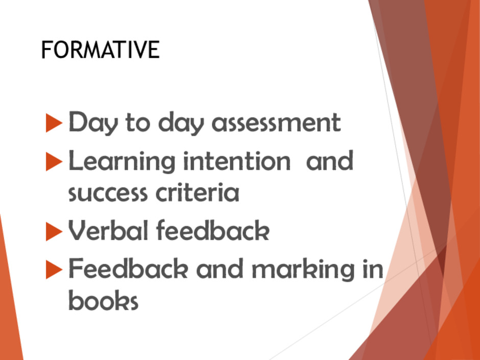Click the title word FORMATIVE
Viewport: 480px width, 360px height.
(x=101, y=50)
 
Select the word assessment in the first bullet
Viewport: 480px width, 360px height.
(x=276, y=123)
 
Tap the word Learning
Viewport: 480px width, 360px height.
(x=122, y=162)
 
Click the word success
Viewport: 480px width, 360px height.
(x=108, y=194)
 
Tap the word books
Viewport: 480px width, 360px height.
(x=104, y=300)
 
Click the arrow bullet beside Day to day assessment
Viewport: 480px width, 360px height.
(x=54, y=123)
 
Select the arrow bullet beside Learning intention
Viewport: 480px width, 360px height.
(x=54, y=161)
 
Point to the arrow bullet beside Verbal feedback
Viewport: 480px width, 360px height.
(x=54, y=231)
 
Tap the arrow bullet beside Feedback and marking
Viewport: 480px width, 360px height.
(x=54, y=270)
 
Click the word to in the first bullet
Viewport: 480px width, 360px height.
(x=138, y=123)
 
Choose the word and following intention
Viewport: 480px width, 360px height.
(x=330, y=160)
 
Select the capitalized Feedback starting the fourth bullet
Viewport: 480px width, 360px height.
(x=128, y=268)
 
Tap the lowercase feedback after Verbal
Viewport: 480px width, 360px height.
(x=213, y=230)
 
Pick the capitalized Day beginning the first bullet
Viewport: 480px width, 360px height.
(x=93, y=123)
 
